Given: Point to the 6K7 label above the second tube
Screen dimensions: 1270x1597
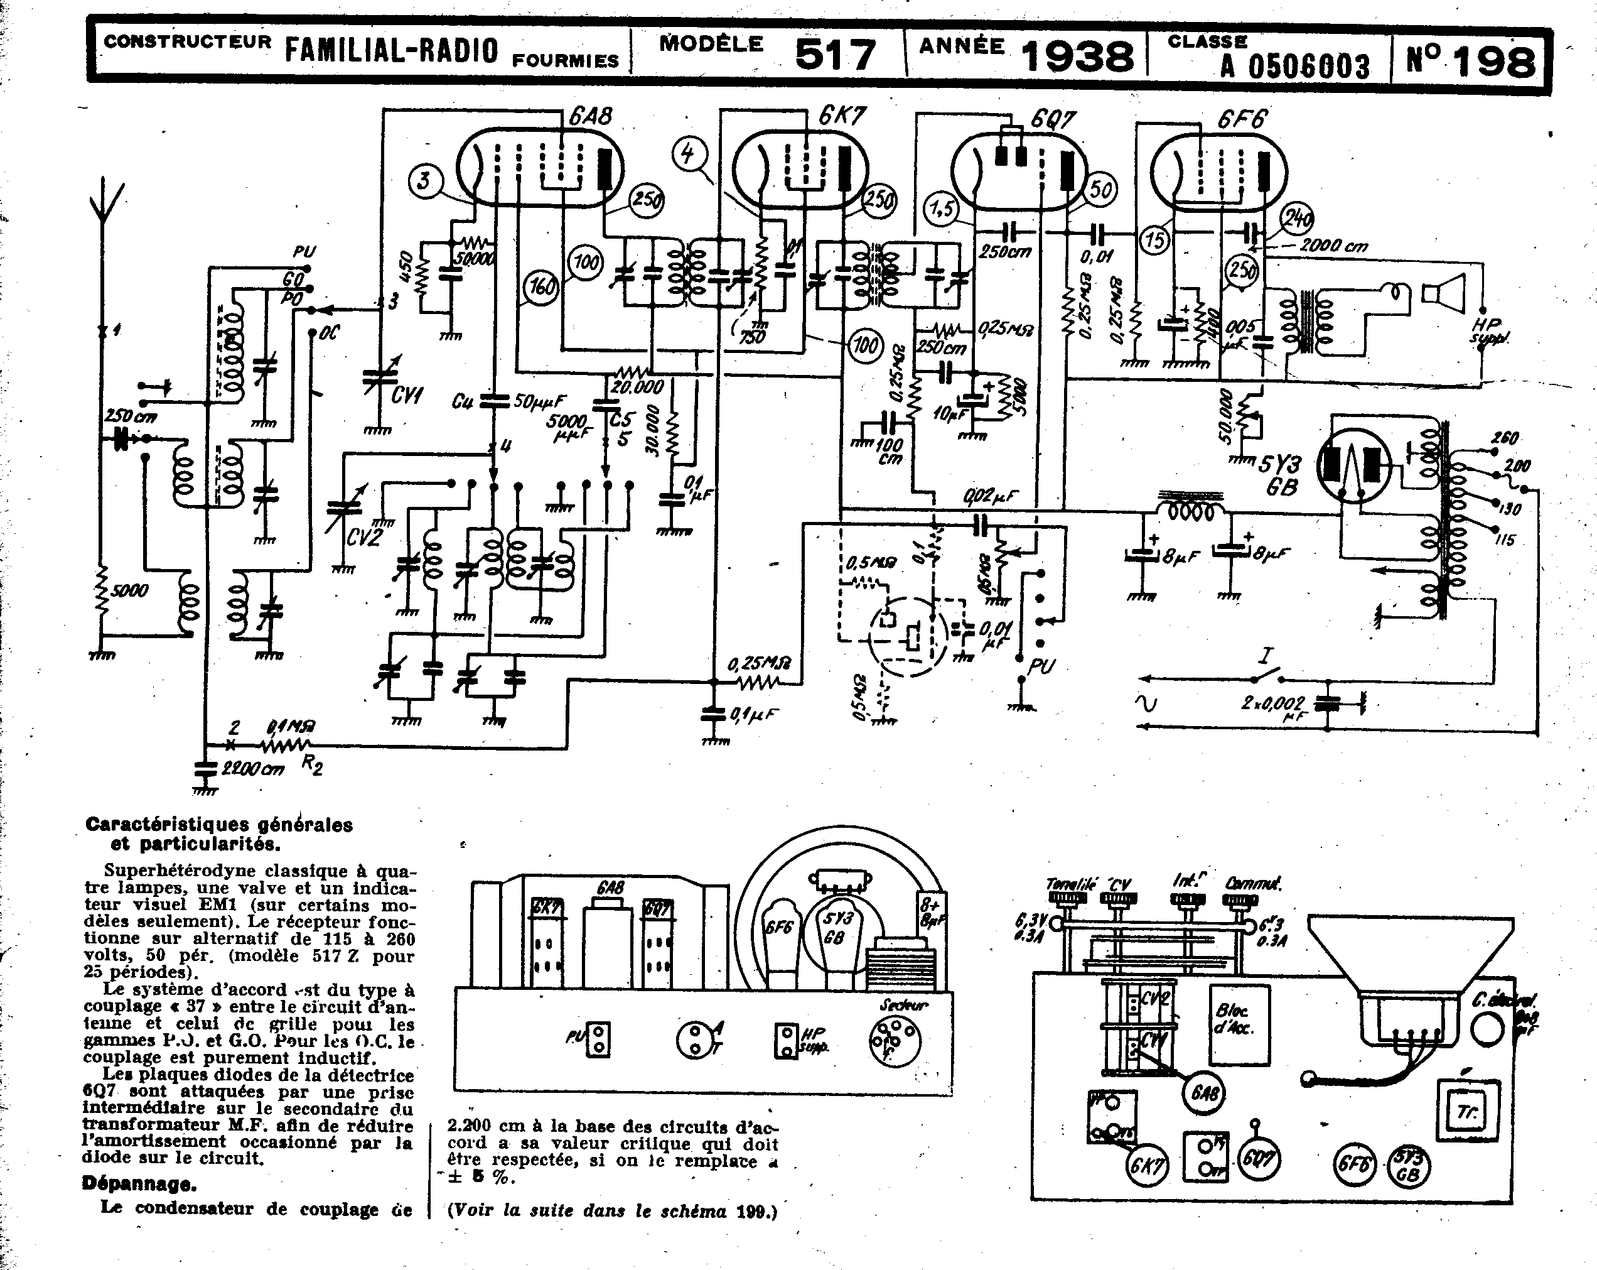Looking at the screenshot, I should coord(842,116).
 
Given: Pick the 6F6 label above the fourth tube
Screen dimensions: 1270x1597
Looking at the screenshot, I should coord(1242,119).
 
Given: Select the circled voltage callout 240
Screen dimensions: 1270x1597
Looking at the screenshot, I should coord(1298,219).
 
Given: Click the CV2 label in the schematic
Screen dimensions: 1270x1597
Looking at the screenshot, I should coord(363,536).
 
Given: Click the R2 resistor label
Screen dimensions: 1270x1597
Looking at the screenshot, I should coord(312,766).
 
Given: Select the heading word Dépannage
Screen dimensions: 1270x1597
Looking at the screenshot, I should coord(139,1184).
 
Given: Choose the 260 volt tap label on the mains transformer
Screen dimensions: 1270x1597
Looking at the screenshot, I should coord(1505,438).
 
